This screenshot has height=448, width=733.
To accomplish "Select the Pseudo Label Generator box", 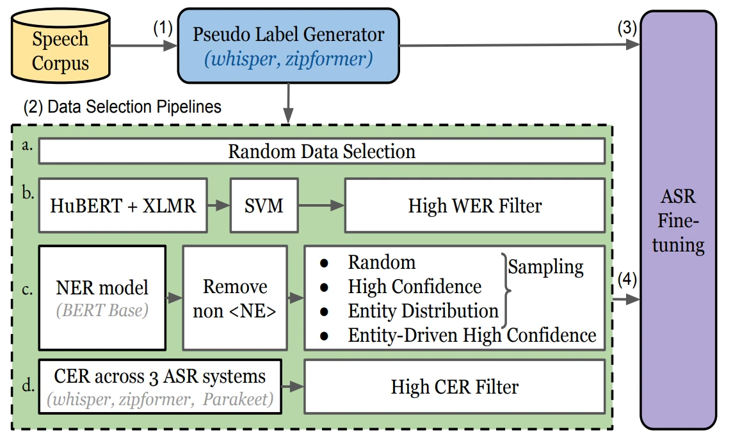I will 289,47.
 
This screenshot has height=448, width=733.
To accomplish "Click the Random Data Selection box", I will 321,152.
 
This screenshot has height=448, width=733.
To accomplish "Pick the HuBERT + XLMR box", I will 123,205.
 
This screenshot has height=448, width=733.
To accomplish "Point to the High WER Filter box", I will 474,205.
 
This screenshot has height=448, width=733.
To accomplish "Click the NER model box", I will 102,298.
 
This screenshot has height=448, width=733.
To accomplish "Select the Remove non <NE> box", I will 235,298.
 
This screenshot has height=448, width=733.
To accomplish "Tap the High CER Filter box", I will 455,387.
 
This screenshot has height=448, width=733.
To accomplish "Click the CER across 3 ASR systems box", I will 160,387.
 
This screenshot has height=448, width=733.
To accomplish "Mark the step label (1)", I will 163,29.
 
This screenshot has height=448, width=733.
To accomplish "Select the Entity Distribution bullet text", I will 423,311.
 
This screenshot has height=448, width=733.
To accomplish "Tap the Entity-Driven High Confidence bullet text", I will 472,335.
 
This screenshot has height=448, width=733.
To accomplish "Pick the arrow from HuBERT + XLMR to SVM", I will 219,205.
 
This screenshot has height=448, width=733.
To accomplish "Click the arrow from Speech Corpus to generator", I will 144,45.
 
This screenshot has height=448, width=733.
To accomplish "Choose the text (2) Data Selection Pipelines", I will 122,106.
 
